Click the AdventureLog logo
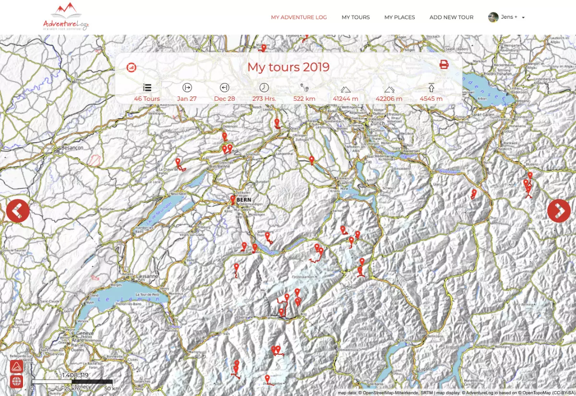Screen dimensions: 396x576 [66, 17]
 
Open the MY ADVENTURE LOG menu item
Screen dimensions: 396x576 [299, 17]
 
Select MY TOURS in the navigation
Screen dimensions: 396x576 [356, 17]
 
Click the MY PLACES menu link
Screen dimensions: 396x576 [399, 17]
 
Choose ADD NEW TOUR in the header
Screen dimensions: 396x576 [451, 17]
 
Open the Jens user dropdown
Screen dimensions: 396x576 [506, 17]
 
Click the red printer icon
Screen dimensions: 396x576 [444, 65]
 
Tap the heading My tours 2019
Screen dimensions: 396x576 [288, 67]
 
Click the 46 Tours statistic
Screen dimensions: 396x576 [147, 99]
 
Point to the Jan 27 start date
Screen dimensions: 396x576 [187, 99]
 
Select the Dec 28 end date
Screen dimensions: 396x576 [224, 99]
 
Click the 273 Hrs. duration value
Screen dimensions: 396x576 [264, 99]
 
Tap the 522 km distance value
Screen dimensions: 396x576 [304, 99]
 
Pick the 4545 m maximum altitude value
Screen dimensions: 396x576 [431, 99]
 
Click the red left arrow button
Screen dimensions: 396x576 [18, 211]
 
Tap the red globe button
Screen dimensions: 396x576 [17, 382]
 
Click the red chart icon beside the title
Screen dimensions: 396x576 [132, 67]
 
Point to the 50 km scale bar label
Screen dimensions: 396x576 [112, 388]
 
